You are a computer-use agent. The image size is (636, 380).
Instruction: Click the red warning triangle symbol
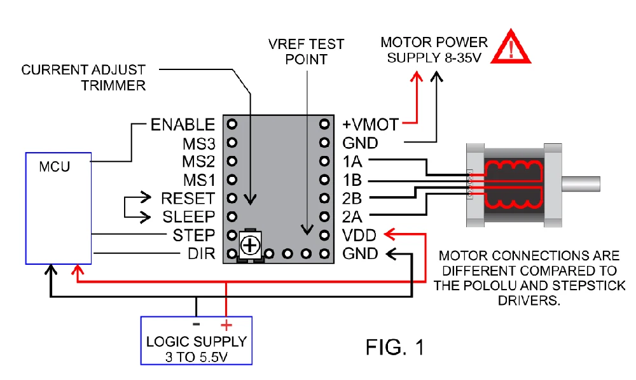pyautogui.click(x=515, y=48)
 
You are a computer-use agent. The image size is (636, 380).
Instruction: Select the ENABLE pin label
pyautogui.click(x=183, y=124)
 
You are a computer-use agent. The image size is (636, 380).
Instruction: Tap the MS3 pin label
pyautogui.click(x=199, y=143)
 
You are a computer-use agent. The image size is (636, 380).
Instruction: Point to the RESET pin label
pyautogui.click(x=188, y=199)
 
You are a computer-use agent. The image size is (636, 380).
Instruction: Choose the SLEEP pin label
pyautogui.click(x=188, y=217)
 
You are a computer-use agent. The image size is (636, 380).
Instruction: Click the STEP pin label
pyautogui.click(x=194, y=236)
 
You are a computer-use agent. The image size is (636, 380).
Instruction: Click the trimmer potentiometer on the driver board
pyautogui.click(x=251, y=245)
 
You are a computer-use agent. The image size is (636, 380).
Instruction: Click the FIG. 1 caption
pyautogui.click(x=394, y=347)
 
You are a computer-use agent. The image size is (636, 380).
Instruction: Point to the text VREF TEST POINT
pyautogui.click(x=307, y=52)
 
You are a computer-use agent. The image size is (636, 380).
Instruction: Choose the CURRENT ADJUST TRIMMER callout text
pyautogui.click(x=84, y=77)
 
